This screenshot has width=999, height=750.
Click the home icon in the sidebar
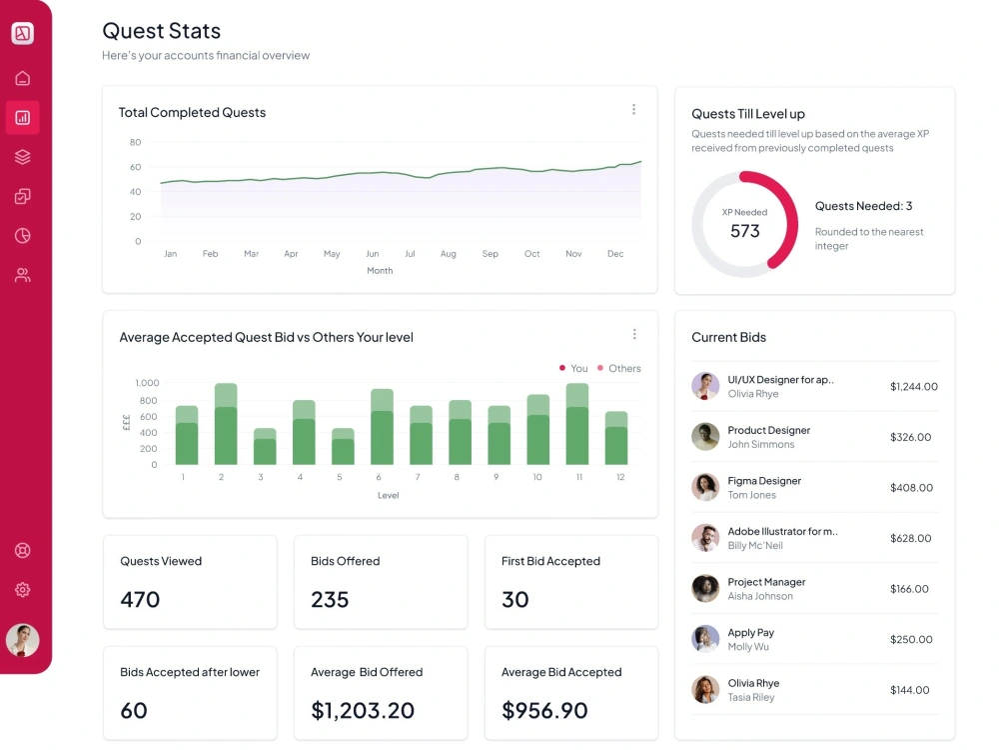coord(22,78)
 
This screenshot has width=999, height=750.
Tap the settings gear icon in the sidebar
coord(22,590)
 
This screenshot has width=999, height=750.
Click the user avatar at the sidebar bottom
coord(22,640)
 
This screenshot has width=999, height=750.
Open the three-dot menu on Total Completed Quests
coord(634,110)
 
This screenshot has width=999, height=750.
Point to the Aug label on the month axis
coord(449,254)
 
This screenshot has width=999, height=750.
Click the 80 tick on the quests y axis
coord(135,142)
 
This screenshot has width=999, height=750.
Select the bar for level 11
coord(577,424)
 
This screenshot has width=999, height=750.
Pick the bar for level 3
coord(265,446)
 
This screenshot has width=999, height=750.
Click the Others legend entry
coord(619,369)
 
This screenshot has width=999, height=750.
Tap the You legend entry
coord(573,369)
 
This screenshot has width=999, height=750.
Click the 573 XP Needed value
coord(745,231)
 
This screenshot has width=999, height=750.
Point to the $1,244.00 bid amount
coord(914,386)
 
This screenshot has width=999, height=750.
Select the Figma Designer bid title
coord(764,481)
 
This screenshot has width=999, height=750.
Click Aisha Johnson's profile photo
coord(705,589)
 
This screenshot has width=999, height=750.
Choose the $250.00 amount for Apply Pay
coord(911,639)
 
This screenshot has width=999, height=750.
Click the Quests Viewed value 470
coord(140,599)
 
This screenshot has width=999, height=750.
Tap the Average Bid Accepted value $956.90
coord(544,710)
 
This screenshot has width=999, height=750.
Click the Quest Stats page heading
coord(161,31)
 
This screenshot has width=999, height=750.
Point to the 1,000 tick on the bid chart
coord(147,383)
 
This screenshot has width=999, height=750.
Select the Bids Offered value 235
coord(330,599)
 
